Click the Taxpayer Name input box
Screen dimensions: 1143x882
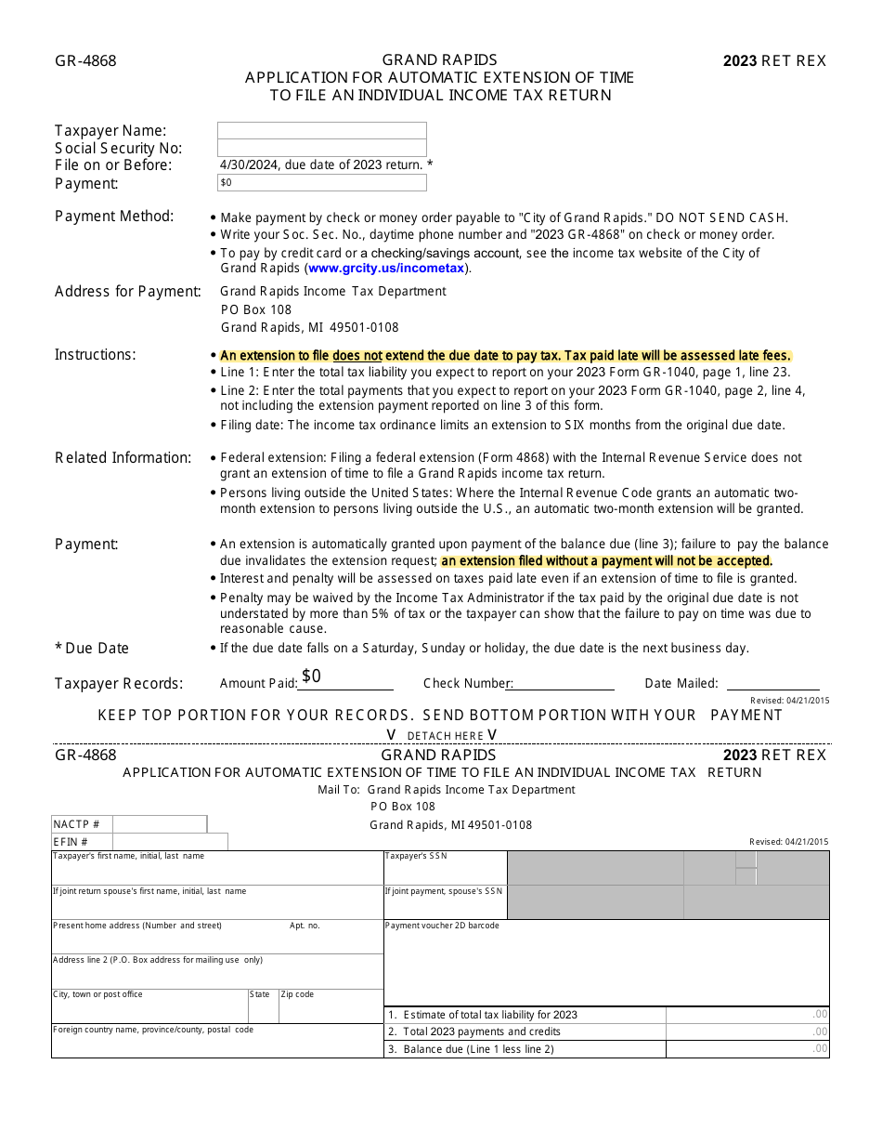point(321,130)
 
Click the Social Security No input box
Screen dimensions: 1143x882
point(321,148)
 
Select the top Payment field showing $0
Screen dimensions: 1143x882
point(321,183)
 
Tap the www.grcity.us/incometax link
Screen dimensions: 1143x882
point(386,269)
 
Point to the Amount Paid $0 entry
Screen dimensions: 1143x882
point(312,677)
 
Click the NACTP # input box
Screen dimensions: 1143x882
point(159,824)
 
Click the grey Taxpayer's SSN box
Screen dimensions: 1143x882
point(594,868)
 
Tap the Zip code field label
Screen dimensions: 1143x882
point(298,994)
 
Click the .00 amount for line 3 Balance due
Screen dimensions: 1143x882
point(819,1049)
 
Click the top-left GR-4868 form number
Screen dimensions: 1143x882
point(85,61)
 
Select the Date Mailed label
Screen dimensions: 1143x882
point(681,683)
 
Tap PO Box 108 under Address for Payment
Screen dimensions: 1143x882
point(256,309)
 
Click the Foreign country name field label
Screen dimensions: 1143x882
point(153,1030)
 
